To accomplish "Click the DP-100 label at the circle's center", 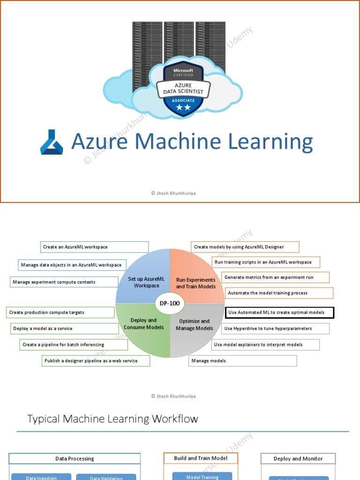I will click(170, 303).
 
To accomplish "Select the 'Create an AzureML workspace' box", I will click(94, 247).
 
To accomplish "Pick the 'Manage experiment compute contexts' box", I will click(64, 282).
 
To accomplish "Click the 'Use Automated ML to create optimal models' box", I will click(279, 313).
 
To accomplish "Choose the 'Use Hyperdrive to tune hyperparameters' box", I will click(275, 329).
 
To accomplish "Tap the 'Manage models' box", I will click(243, 360).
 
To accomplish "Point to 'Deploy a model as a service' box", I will click(64, 329).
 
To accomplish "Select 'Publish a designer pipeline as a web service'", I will click(96, 360).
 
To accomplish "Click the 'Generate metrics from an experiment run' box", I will click(275, 277).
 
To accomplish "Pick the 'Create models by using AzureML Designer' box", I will click(245, 247).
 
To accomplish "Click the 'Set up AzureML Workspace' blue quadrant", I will click(143, 282).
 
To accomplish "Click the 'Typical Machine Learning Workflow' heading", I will click(112, 419).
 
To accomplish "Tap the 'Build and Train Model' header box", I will click(201, 458).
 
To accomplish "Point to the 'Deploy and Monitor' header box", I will click(298, 459).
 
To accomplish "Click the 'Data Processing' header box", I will click(75, 459).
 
